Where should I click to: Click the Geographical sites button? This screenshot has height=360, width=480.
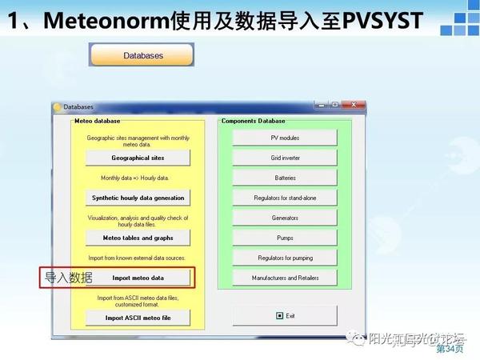pos(138,158)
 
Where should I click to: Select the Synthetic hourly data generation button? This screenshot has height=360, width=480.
pos(138,198)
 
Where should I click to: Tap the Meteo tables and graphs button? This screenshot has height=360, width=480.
pos(138,238)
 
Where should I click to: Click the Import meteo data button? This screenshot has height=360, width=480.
pos(138,278)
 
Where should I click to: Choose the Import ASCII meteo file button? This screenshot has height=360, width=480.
pos(138,318)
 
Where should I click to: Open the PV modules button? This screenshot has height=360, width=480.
pos(285,138)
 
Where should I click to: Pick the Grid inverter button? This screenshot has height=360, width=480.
pos(285,158)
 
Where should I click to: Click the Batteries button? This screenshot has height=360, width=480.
pos(285,178)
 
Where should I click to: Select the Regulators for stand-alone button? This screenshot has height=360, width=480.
pos(285,198)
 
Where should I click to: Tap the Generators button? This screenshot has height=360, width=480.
pos(285,218)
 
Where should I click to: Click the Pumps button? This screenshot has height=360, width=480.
pos(285,238)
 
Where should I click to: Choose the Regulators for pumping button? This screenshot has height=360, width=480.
pos(285,258)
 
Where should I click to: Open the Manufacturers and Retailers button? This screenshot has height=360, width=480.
pos(285,278)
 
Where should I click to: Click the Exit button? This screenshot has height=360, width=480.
pos(285,315)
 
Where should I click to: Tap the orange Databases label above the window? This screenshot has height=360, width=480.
pos(143,56)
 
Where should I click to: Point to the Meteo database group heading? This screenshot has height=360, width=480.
pos(97,121)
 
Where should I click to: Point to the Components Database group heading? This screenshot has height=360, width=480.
pos(253,121)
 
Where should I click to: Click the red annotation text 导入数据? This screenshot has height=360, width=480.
pos(68,278)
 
